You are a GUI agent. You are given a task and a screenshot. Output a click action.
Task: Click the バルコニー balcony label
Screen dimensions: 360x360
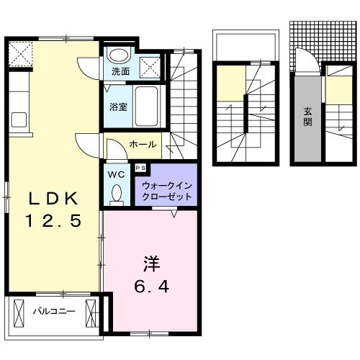[x=53, y=312]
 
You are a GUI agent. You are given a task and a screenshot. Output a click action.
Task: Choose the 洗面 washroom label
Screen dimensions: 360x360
[x=120, y=72]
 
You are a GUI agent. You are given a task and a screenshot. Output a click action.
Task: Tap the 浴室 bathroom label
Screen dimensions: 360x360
[x=119, y=107]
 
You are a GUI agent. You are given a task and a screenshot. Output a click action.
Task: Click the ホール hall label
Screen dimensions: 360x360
[x=143, y=145]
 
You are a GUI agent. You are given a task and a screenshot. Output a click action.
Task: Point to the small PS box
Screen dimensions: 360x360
[x=140, y=168]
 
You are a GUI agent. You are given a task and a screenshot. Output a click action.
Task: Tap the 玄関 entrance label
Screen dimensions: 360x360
[x=307, y=117]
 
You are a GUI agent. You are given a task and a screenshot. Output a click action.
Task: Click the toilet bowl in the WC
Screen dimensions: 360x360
[x=117, y=193]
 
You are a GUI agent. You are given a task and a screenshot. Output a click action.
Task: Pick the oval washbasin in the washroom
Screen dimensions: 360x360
[x=117, y=56]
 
